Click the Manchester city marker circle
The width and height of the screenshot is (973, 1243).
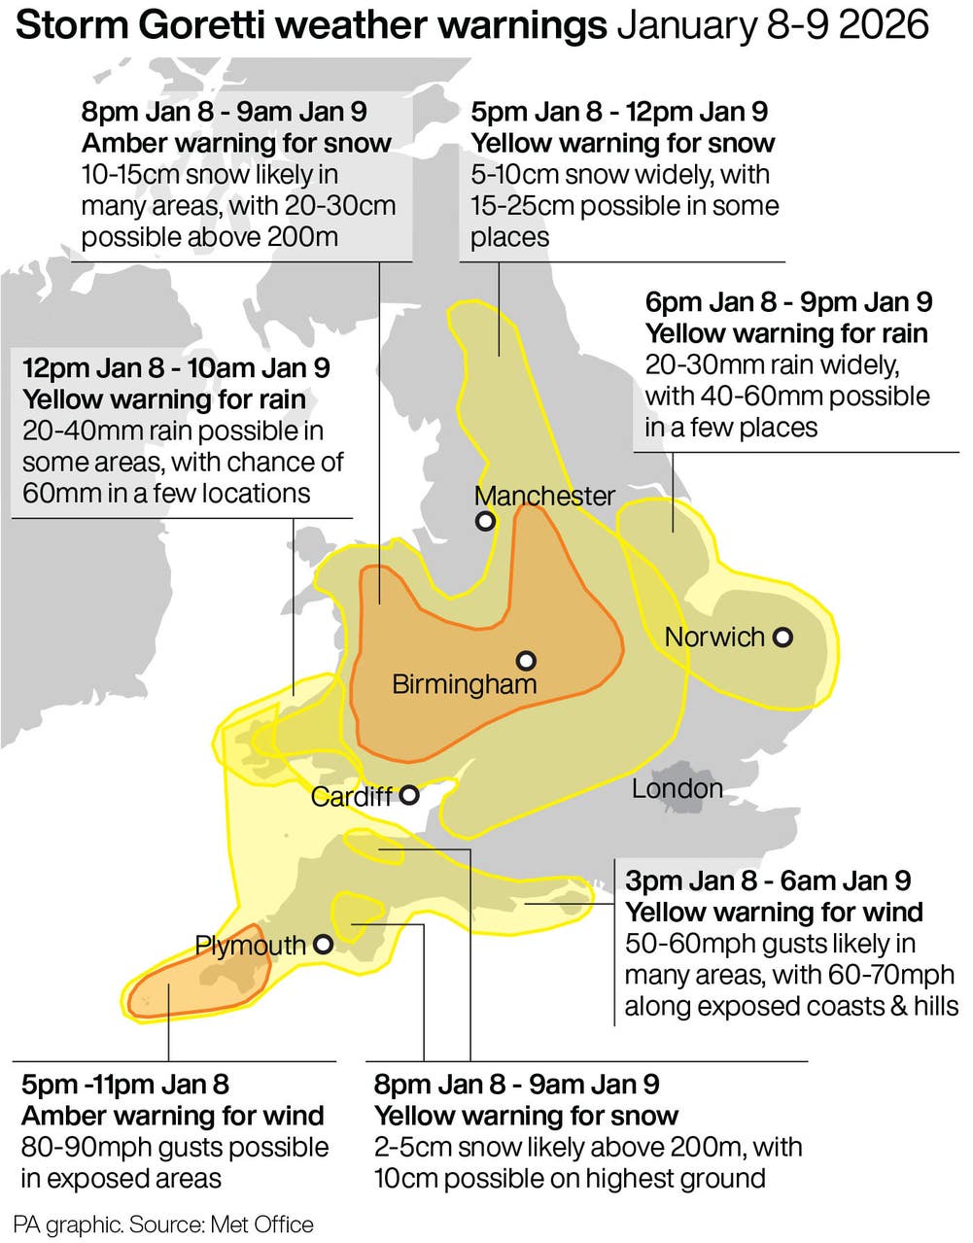point(485,521)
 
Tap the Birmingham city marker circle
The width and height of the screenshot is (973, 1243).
point(526,661)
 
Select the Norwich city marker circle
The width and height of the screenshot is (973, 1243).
point(782,638)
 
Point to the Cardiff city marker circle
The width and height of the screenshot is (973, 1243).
point(409,795)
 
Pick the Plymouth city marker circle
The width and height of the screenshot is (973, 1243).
point(323,944)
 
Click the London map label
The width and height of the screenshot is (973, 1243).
point(677,788)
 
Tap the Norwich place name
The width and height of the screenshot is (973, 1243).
point(714,638)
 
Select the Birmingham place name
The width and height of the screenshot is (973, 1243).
point(464,684)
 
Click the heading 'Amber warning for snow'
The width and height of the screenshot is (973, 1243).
point(236,144)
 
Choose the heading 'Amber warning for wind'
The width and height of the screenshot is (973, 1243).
point(173,1117)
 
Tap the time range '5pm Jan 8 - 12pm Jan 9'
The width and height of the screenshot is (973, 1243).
point(619,112)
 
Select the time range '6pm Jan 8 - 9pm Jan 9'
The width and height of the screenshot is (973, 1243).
point(788,302)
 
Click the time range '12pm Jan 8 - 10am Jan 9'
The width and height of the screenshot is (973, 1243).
point(176,368)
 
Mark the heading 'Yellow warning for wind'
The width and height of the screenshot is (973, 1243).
point(774,913)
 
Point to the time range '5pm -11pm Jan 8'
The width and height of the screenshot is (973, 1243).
point(125,1085)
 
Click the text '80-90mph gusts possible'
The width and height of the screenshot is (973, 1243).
point(175,1148)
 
